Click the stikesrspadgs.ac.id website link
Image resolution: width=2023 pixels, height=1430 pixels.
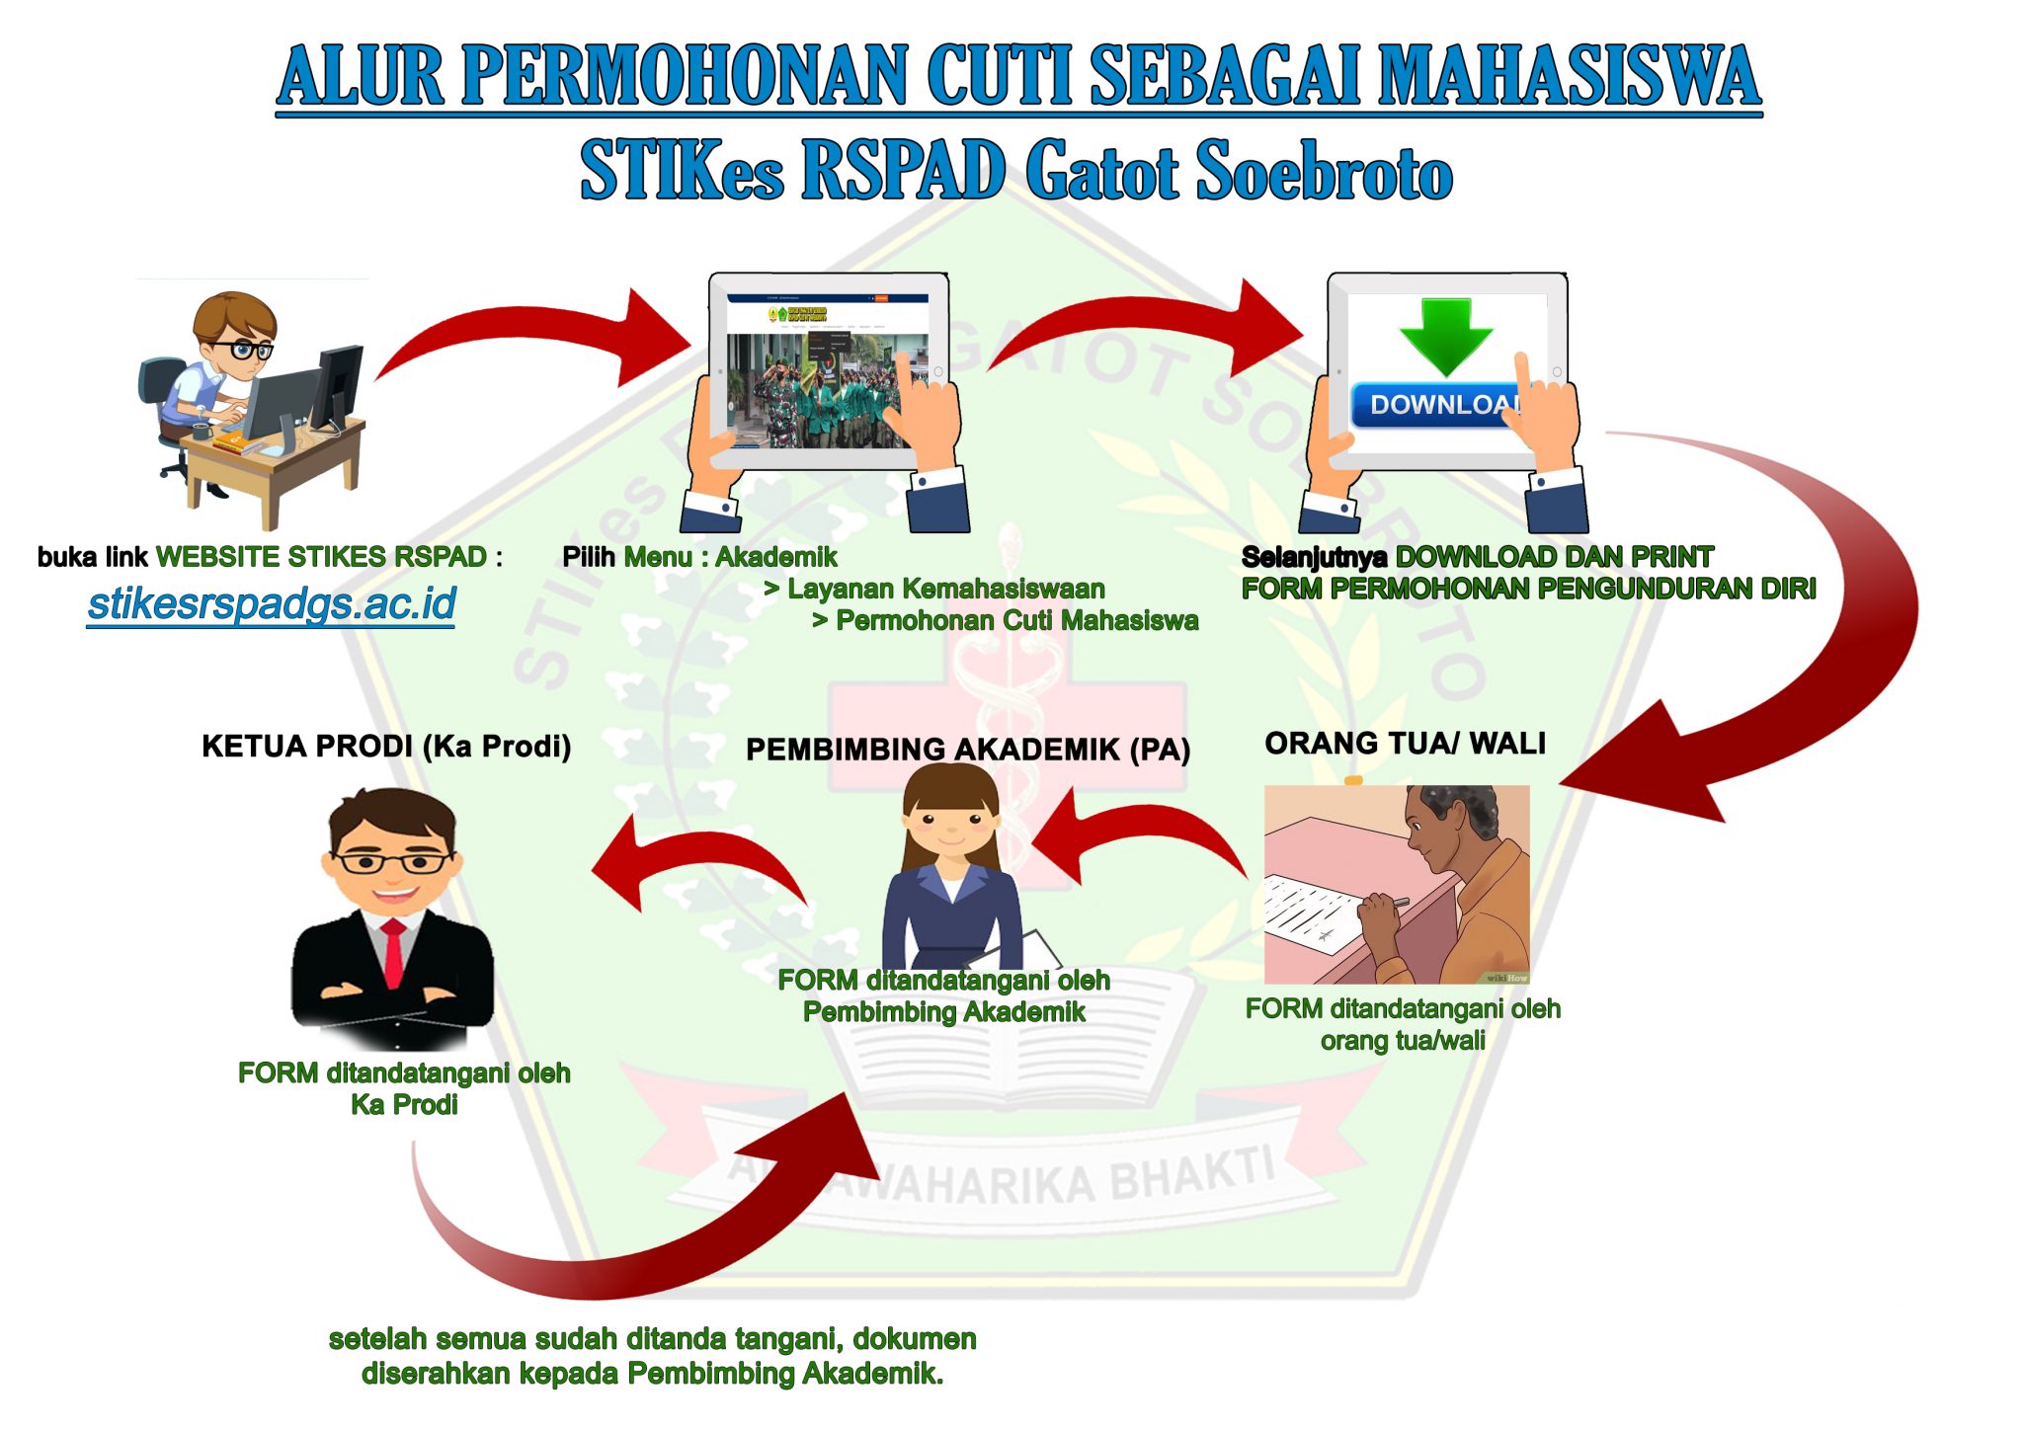coord(272,603)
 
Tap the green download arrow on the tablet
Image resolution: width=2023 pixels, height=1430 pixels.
coord(1445,336)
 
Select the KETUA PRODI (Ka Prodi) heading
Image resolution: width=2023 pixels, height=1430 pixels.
coord(386,746)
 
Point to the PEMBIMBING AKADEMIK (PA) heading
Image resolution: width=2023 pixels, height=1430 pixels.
coord(967,750)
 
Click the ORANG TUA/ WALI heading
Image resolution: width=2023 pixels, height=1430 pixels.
coord(1405,743)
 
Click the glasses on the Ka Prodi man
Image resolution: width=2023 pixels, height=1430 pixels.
coord(392,862)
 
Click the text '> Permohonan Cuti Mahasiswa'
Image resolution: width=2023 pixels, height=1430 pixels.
coord(1005,620)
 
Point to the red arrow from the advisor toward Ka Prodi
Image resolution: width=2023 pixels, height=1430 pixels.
coord(691,859)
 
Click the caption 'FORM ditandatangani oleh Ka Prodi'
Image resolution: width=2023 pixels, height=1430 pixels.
coord(404,1088)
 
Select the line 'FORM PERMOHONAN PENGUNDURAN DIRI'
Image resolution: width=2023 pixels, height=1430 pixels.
coord(1528,589)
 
